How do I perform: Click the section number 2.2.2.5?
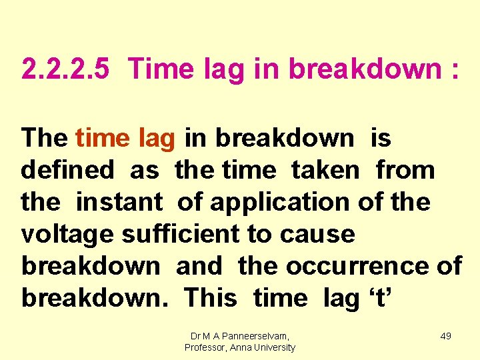[65, 69]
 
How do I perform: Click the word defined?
[67, 170]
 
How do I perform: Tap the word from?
[405, 170]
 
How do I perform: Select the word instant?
[119, 201]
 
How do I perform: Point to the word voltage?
[67, 235]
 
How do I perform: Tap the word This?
[210, 297]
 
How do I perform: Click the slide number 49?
[445, 336]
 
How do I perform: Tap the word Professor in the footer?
[207, 347]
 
